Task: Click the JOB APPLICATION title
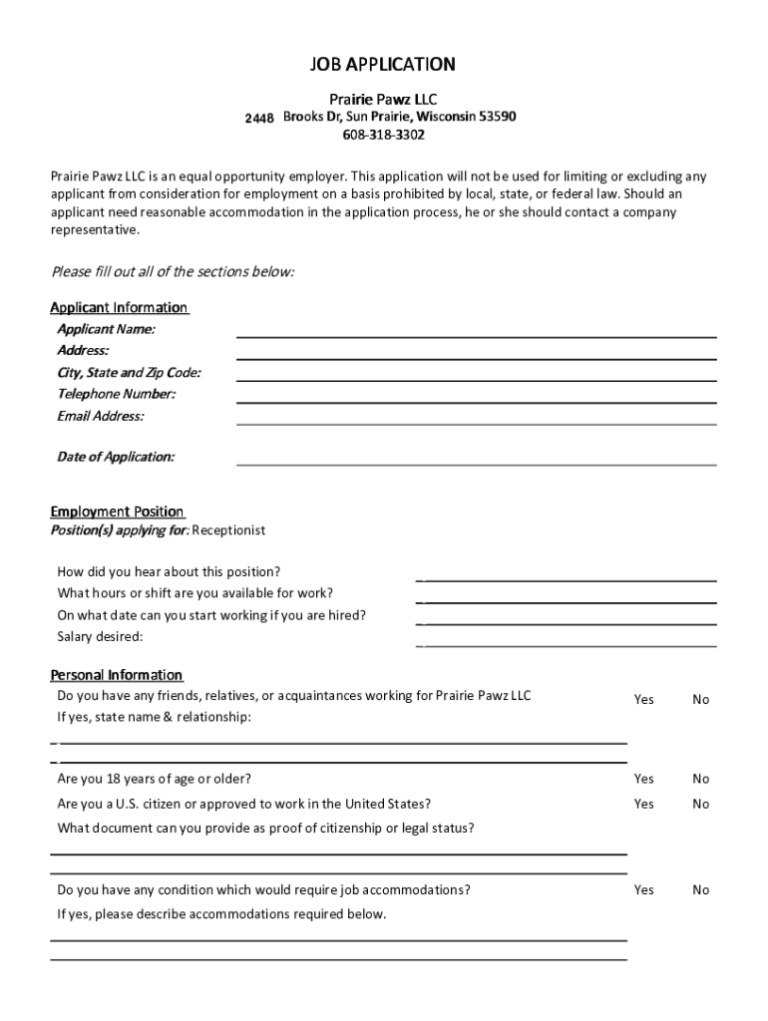[x=384, y=65]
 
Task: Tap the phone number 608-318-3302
[x=384, y=135]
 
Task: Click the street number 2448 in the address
[x=259, y=119]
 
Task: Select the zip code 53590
[x=497, y=117]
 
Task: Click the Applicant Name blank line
[x=476, y=334]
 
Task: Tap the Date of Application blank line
[x=476, y=462]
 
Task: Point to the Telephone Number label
[x=116, y=394]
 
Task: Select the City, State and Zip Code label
[x=129, y=373]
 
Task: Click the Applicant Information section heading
[x=119, y=307]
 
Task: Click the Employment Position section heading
[x=117, y=511]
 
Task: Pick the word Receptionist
[x=228, y=530]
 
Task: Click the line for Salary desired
[x=567, y=643]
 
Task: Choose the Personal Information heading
[x=116, y=675]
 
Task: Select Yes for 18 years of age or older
[x=643, y=779]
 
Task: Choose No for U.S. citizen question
[x=700, y=804]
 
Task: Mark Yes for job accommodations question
[x=643, y=889]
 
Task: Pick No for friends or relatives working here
[x=700, y=700]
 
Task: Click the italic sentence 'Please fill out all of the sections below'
[x=173, y=272]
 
